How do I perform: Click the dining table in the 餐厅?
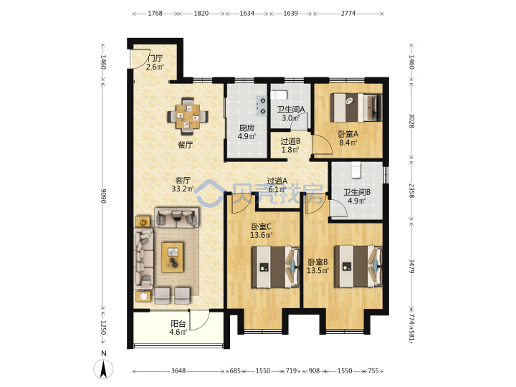(188, 117)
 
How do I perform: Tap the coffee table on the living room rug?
(173, 257)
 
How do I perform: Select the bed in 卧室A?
(356, 107)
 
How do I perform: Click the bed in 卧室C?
(275, 267)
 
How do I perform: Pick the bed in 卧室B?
(358, 266)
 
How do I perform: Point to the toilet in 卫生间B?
(356, 170)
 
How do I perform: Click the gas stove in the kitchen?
(262, 106)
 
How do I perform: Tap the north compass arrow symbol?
(103, 369)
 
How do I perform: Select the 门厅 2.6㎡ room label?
(155, 62)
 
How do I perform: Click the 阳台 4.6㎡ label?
(178, 328)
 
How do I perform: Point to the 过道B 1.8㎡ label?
(290, 145)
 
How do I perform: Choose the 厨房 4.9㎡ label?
(247, 132)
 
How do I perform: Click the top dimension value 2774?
(348, 13)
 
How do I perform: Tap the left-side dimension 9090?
(103, 196)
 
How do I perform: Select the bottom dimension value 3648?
(178, 371)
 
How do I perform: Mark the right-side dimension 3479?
(411, 266)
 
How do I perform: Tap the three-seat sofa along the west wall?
(143, 257)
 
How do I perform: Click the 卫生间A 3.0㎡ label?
(290, 113)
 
